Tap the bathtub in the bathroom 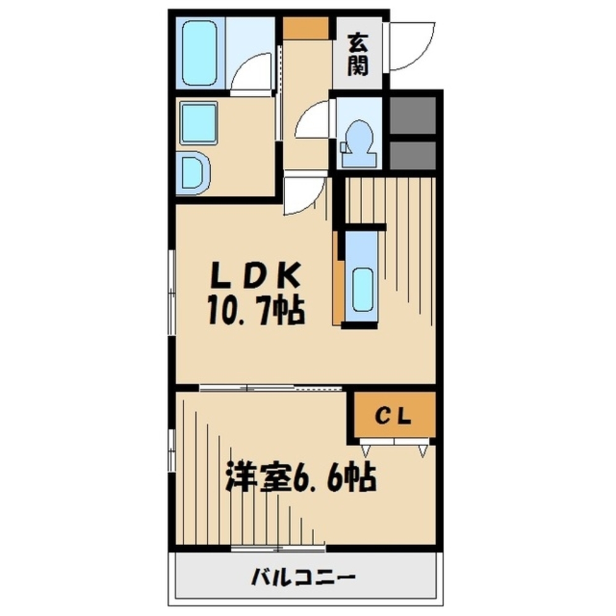pyautogui.click(x=200, y=52)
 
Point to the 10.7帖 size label pyautogui.click(x=255, y=311)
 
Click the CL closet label pyautogui.click(x=394, y=417)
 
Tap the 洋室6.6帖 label pyautogui.click(x=301, y=476)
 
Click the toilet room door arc pyautogui.click(x=314, y=120)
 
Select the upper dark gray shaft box pyautogui.click(x=413, y=115)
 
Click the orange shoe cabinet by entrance pyautogui.click(x=307, y=28)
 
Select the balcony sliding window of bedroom pyautogui.click(x=278, y=547)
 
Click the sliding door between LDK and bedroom pyautogui.click(x=271, y=388)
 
